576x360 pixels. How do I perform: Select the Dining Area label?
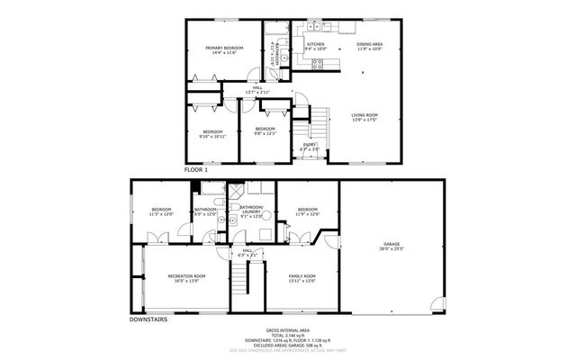tap(369, 46)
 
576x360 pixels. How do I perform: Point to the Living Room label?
tap(364, 117)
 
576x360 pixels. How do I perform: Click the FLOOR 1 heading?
tap(195, 169)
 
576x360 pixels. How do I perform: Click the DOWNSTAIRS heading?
tap(148, 318)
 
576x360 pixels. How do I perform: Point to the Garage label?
tap(391, 246)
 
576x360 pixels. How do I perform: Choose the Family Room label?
tap(301, 278)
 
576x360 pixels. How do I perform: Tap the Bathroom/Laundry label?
tap(251, 213)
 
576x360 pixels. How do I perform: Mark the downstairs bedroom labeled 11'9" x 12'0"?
tap(308, 213)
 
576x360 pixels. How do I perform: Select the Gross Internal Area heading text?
tap(288, 329)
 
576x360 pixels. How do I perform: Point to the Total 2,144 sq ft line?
tap(288, 335)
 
